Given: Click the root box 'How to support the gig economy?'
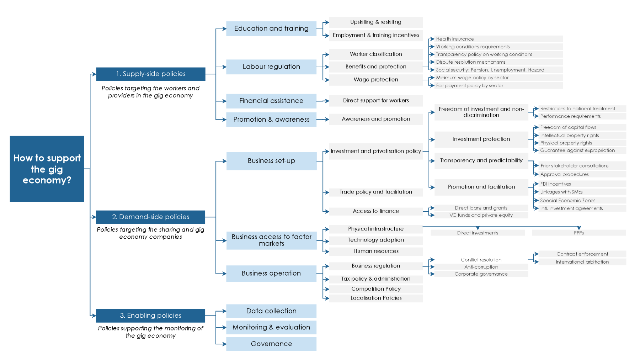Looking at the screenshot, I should tap(47, 169).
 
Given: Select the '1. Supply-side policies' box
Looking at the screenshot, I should tap(150, 74).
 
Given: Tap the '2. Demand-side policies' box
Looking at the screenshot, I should tap(150, 217).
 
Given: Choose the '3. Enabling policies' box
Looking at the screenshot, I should tap(150, 316).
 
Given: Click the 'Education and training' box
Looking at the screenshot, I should tap(271, 28).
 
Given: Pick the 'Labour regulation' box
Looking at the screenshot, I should tap(271, 67).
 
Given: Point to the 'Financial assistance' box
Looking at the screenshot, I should tap(271, 101).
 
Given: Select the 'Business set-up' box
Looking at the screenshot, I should tap(271, 161).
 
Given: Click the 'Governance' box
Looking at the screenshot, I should tap(271, 344).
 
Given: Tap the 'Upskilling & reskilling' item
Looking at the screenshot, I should tap(376, 22).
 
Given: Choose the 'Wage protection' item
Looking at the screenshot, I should tap(376, 80).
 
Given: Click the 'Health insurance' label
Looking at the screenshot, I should tap(455, 39).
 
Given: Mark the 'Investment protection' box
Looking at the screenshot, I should tap(481, 139).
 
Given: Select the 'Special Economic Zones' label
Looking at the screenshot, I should tap(567, 201).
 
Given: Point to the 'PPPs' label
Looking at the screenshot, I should tap(578, 233).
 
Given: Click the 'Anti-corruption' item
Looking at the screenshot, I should tap(481, 267).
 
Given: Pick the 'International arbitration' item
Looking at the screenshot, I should tap(582, 262).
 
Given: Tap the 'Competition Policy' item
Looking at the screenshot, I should tap(376, 289).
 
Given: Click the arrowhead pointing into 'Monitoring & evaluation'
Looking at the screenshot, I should tap(224, 327).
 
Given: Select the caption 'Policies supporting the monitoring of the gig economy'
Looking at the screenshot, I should tap(150, 332).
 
